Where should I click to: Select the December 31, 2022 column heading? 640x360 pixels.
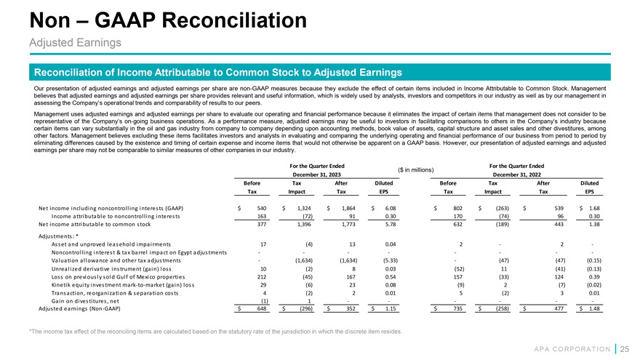pyautogui.click(x=523, y=175)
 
